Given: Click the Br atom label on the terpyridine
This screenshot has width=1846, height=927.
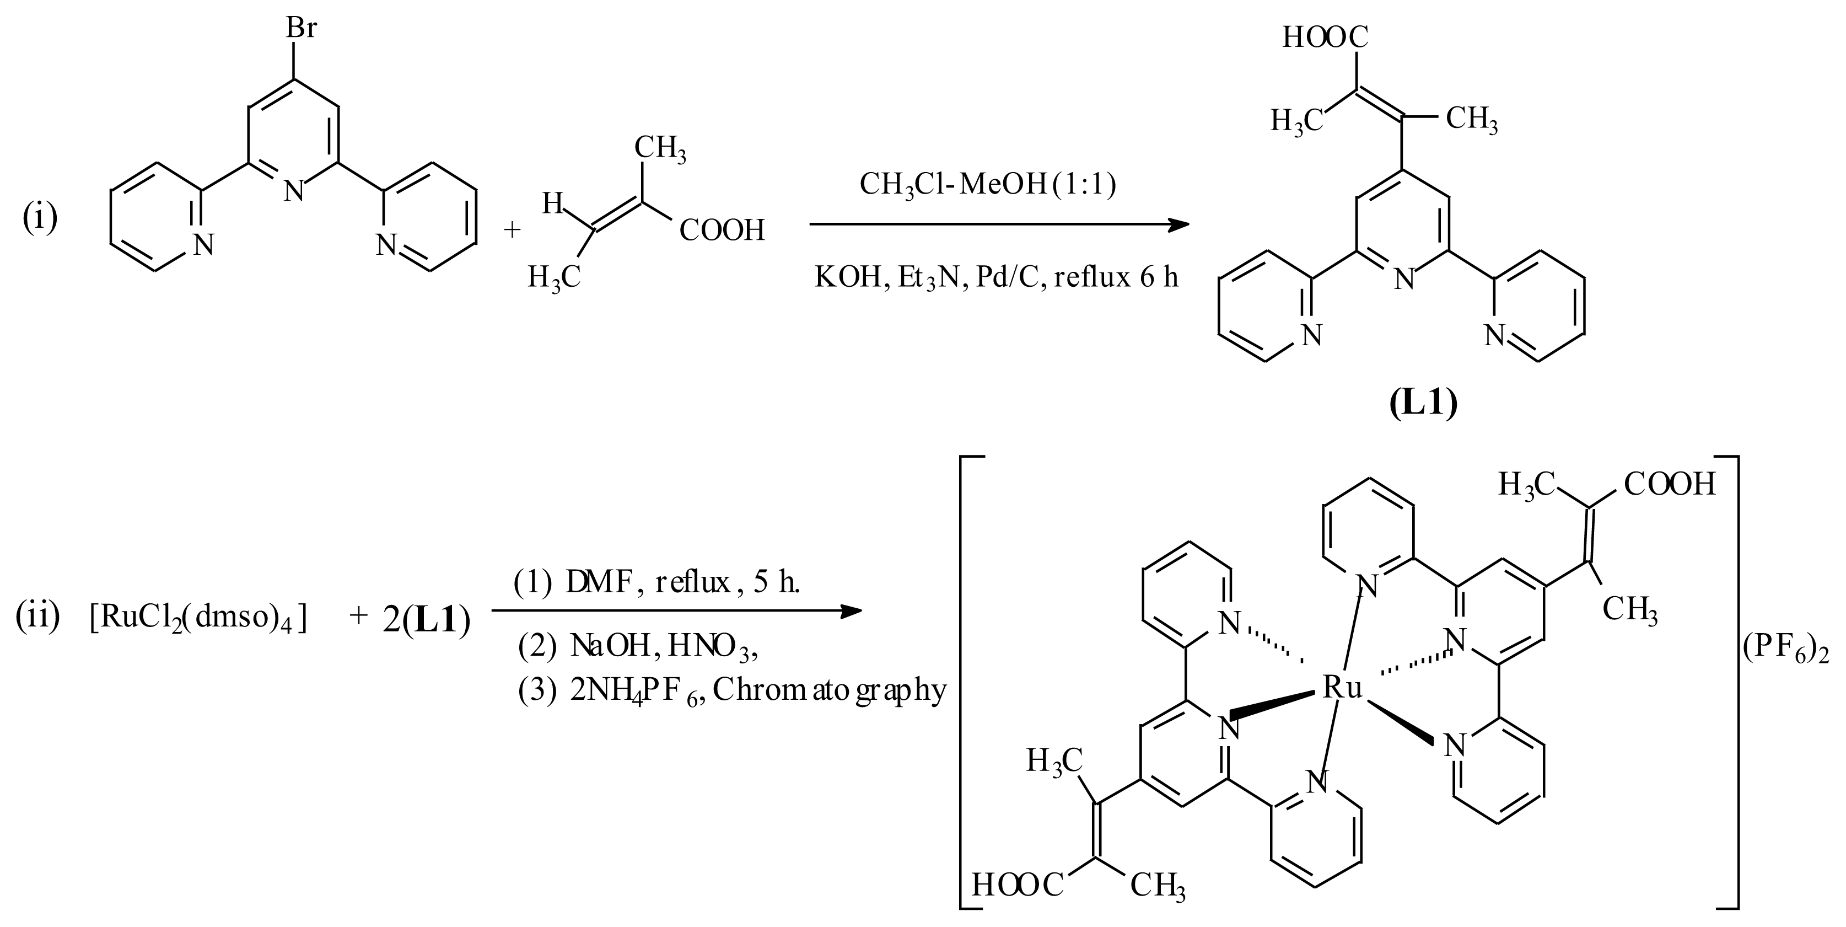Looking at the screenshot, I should (301, 29).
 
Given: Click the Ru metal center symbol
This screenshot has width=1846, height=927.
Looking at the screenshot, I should (1342, 688).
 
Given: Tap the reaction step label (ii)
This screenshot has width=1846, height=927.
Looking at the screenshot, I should (37, 616).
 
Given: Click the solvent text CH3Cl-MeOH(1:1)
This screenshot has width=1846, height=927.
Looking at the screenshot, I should (988, 185).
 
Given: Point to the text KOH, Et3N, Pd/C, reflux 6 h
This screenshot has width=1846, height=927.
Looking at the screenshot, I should (996, 276).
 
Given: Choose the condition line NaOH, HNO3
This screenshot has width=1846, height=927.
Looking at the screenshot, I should (638, 647).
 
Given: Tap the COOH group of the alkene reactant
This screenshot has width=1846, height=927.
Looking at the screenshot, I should (722, 231).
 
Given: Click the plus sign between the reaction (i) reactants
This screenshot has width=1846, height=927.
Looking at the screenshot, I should (512, 229).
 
